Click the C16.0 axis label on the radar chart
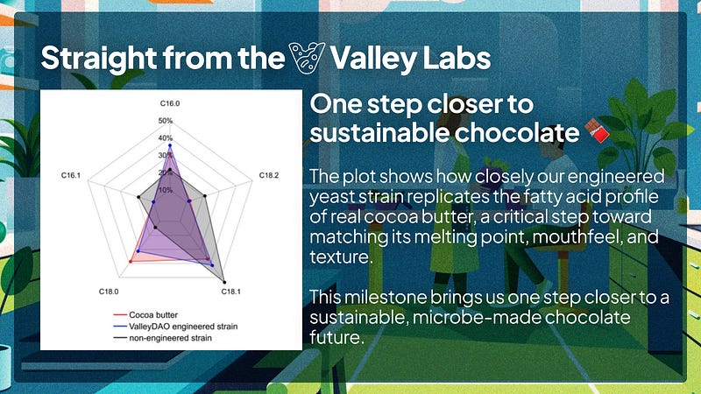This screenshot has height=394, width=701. (x=170, y=103)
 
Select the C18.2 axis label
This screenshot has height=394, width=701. (x=269, y=175)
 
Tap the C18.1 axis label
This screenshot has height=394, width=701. (x=230, y=292)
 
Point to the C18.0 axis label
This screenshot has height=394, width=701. (x=109, y=292)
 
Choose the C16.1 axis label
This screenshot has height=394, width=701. (x=71, y=175)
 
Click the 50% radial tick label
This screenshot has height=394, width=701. (x=166, y=121)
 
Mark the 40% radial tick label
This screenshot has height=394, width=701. (x=166, y=138)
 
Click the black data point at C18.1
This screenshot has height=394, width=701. (x=224, y=282)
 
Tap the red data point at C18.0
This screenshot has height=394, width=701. (x=131, y=261)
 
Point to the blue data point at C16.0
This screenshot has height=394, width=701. (x=170, y=145)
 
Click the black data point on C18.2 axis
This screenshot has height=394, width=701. (x=205, y=195)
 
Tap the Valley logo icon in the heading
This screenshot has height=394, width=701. (x=307, y=58)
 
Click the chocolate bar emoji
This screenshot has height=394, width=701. (x=598, y=130)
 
